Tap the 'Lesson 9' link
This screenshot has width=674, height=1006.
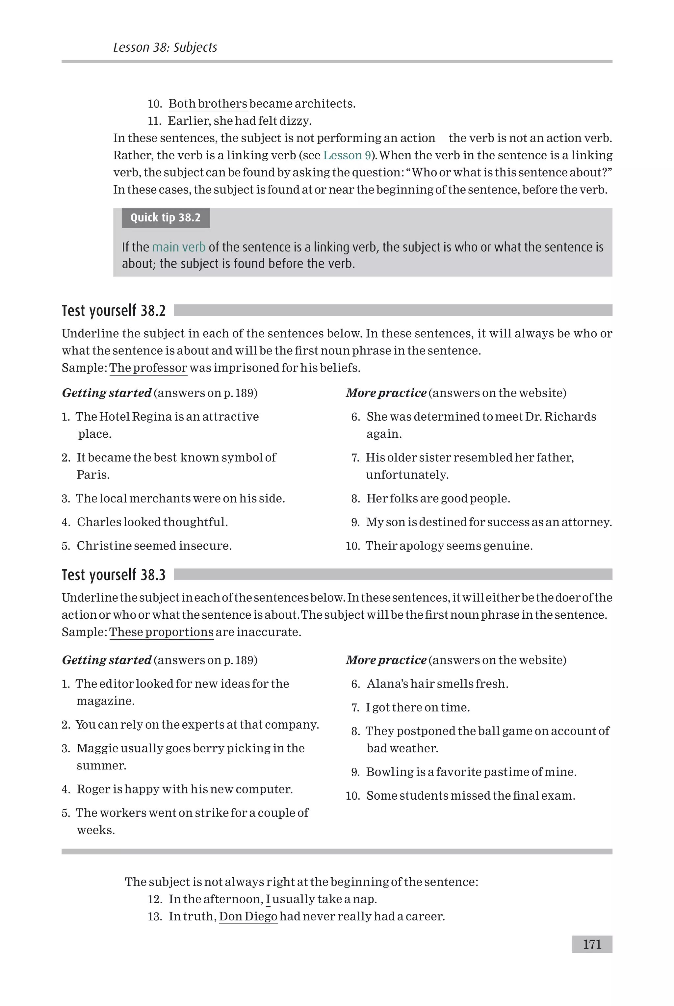[347, 155]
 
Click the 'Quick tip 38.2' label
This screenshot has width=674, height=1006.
[165, 218]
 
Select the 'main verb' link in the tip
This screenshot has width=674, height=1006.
[178, 247]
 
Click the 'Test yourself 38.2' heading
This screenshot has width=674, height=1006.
[114, 310]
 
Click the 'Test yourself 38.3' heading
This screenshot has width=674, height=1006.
[114, 575]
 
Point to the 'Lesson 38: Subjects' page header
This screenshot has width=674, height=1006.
[165, 47]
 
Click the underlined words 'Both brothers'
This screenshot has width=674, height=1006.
[208, 104]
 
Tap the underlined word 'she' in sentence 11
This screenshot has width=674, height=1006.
[223, 121]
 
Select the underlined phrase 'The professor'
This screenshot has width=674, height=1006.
[148, 368]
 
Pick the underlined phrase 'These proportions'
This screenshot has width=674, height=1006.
[161, 632]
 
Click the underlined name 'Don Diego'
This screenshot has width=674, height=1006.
[248, 916]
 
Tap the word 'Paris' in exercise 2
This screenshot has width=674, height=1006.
[92, 475]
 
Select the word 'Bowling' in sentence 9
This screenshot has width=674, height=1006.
[389, 772]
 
